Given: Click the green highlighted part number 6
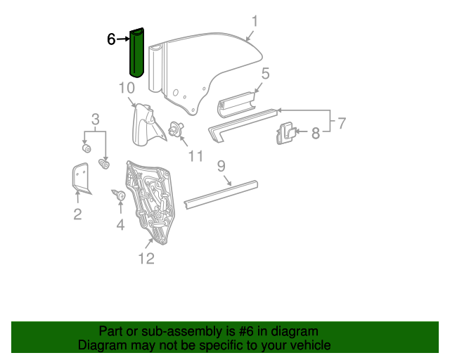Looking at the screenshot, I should coord(136,53).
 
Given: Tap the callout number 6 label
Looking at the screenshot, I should coord(111,39).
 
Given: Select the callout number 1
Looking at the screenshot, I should coord(255,22).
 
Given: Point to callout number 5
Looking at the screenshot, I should coord(265,74).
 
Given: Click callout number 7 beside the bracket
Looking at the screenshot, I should coord(341,124).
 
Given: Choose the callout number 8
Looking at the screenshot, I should coord(315,132).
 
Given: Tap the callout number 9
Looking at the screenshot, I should coord(221,167).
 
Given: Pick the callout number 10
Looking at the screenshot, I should coord(127,88).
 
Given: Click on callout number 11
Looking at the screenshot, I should coord(195,155).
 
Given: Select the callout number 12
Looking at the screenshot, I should coord(146,259).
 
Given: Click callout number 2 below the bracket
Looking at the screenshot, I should coord(77,214).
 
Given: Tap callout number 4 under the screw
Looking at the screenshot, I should coord(120,225).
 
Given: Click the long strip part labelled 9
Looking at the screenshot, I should coord(221,193).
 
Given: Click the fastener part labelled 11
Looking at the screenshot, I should coord(176,129).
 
